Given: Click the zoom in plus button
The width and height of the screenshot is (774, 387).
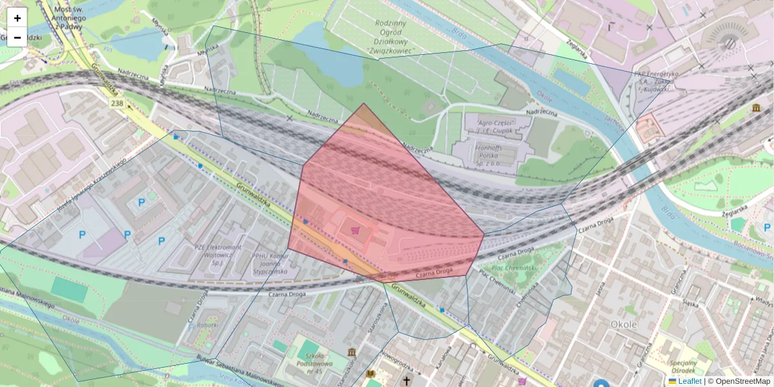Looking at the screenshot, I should tap(17, 18).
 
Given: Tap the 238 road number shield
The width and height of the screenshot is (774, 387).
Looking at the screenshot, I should tap(117, 103).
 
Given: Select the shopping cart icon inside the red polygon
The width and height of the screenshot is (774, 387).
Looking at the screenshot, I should tap(355, 230).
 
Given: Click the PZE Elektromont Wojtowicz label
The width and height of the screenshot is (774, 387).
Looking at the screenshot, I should tap(217, 254).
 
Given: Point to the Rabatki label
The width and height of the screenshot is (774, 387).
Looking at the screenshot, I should tap(207, 325).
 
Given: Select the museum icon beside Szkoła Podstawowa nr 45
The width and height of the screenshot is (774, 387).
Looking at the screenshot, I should tap(352, 352).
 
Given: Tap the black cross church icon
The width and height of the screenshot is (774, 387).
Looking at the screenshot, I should tap(406, 381).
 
